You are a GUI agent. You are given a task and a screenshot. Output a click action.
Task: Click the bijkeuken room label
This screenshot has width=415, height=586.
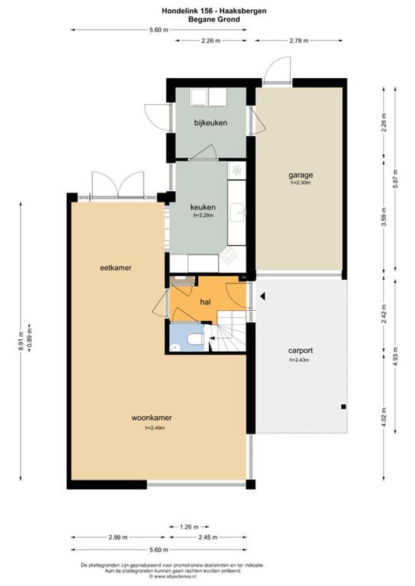tap(210, 123)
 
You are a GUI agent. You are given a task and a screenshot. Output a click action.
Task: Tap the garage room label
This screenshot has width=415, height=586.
tap(300, 174)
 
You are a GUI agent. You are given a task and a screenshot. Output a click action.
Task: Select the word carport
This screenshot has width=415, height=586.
tap(300, 351)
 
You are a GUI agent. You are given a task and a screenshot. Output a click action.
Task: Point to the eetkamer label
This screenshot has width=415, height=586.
tap(116, 268)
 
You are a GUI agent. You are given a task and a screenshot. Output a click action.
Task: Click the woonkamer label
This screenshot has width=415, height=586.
tap(152, 417)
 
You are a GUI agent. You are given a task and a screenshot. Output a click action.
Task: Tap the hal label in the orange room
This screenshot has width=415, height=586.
tap(205, 302)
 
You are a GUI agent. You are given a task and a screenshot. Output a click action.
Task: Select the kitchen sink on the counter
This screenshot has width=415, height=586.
tap(237, 212)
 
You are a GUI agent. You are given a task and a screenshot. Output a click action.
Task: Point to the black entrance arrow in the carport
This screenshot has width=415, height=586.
tap(263, 296)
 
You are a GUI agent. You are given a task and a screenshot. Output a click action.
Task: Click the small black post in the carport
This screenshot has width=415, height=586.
tap(343, 406)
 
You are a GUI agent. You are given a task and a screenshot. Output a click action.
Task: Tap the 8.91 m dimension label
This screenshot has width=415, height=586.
tap(20, 341)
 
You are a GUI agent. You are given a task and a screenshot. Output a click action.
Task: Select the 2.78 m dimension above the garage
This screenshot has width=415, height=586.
tap(299, 41)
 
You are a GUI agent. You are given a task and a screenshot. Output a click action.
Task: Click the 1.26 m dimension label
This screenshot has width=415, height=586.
tap(189, 527)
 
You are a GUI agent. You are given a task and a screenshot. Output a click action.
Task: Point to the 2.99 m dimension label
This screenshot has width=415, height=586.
tap(118, 538)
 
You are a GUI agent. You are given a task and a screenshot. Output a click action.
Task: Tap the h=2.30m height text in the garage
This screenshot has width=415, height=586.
tap(300, 182)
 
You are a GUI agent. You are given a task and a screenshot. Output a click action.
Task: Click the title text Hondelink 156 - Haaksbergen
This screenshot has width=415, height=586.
tap(214, 11)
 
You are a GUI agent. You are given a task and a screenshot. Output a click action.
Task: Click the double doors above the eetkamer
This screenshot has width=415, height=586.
tap(118, 184)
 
